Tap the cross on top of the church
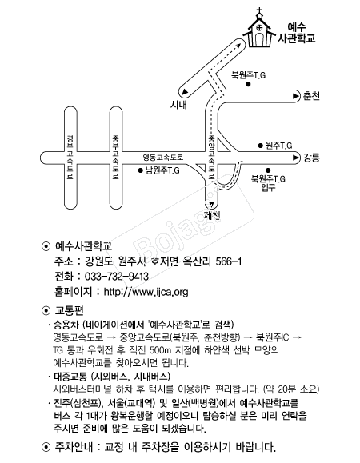259,12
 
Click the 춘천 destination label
311,96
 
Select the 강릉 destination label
311,158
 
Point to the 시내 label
178,104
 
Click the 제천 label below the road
212,215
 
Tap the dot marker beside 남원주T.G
141,170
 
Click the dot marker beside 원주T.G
261,146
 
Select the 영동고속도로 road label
163,157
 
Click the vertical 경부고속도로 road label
70,158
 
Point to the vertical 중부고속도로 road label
115,158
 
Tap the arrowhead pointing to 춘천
295,96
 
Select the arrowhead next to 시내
185,92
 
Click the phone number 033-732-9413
117,277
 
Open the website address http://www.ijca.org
146,292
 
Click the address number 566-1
229,261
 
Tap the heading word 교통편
70,310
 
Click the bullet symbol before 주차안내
46,447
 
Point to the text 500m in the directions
160,350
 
